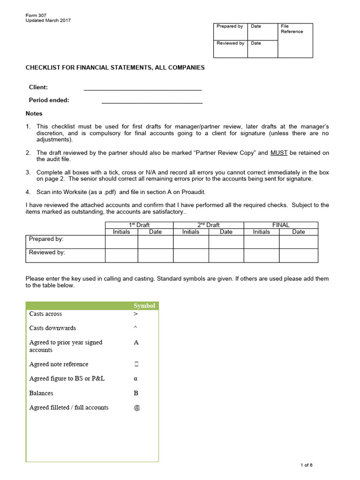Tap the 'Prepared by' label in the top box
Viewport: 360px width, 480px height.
(230, 26)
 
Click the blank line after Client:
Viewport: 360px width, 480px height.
(142, 88)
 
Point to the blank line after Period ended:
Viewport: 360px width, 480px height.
(152, 100)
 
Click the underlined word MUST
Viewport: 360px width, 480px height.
(279, 153)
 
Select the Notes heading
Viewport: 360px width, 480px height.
(34, 113)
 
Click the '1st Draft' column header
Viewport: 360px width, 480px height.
(139, 225)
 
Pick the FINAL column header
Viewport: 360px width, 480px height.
(281, 225)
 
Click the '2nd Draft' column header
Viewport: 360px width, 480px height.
(209, 225)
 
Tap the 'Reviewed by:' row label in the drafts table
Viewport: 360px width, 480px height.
(47, 252)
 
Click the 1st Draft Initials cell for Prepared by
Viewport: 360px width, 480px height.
(121, 241)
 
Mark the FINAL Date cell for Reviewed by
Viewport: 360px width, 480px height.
(299, 255)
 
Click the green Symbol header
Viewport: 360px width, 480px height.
(144, 306)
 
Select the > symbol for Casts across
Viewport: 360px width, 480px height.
(136, 314)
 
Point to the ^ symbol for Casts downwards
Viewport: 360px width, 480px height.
(135, 328)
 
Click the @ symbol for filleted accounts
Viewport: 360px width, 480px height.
(137, 408)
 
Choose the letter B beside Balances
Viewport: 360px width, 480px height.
(136, 393)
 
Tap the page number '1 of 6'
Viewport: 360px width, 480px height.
(306, 465)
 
